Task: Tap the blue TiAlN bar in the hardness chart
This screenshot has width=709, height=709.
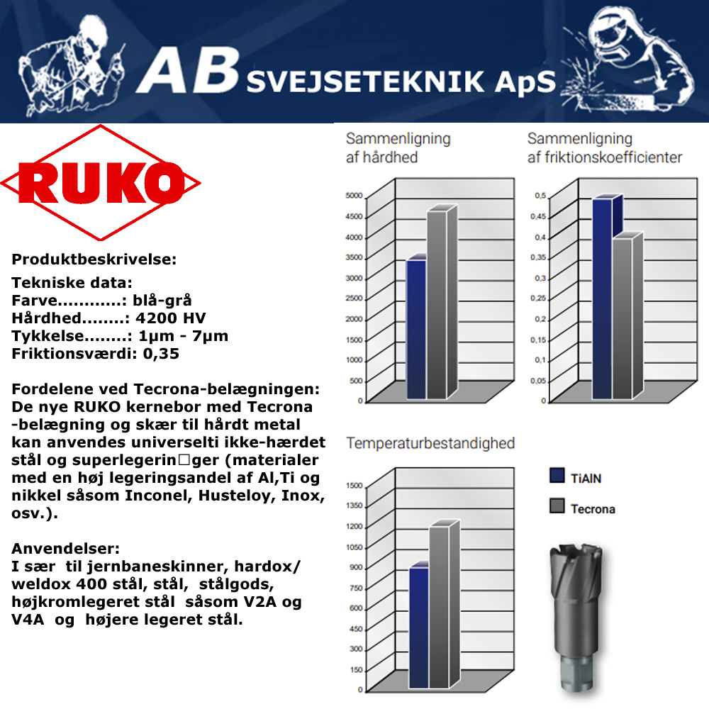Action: [415, 329]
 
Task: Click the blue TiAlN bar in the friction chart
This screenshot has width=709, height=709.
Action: [602, 298]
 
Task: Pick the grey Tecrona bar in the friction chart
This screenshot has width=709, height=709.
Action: [622, 318]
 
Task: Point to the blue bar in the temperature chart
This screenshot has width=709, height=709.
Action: [419, 627]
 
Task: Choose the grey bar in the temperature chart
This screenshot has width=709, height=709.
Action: [440, 606]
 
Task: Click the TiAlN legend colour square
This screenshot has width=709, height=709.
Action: [557, 476]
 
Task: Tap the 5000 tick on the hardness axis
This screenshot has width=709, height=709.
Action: [354, 196]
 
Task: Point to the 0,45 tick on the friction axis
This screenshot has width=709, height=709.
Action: [540, 216]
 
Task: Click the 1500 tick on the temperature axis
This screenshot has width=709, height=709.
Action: [354, 486]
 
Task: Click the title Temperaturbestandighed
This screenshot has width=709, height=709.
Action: [430, 444]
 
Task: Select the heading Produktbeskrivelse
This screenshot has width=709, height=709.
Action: [94, 259]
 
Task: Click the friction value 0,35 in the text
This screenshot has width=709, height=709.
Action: [161, 353]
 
